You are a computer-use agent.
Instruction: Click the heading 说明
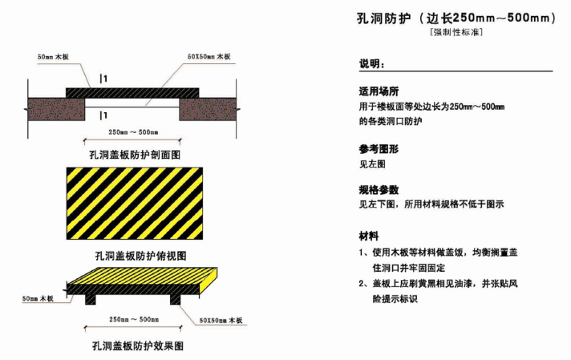click(372, 63)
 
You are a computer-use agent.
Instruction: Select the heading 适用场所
click(379, 91)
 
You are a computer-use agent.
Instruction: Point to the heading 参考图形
click(379, 149)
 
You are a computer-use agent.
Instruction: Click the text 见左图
click(372, 164)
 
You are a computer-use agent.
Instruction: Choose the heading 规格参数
click(379, 191)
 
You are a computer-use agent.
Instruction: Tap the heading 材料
click(369, 237)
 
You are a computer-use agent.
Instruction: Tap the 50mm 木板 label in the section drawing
click(54, 58)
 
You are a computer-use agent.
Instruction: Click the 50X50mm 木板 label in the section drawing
click(208, 58)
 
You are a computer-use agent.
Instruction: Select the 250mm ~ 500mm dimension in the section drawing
click(133, 131)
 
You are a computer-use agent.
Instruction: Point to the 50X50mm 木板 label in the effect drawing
click(221, 319)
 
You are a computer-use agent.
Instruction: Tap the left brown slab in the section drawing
click(57, 107)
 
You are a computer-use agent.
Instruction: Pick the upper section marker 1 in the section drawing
click(104, 78)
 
